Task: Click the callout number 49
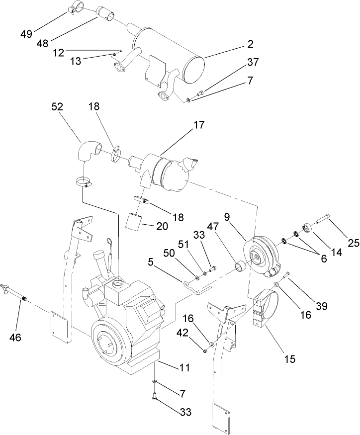pos(26,34)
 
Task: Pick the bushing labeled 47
pos(241,267)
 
